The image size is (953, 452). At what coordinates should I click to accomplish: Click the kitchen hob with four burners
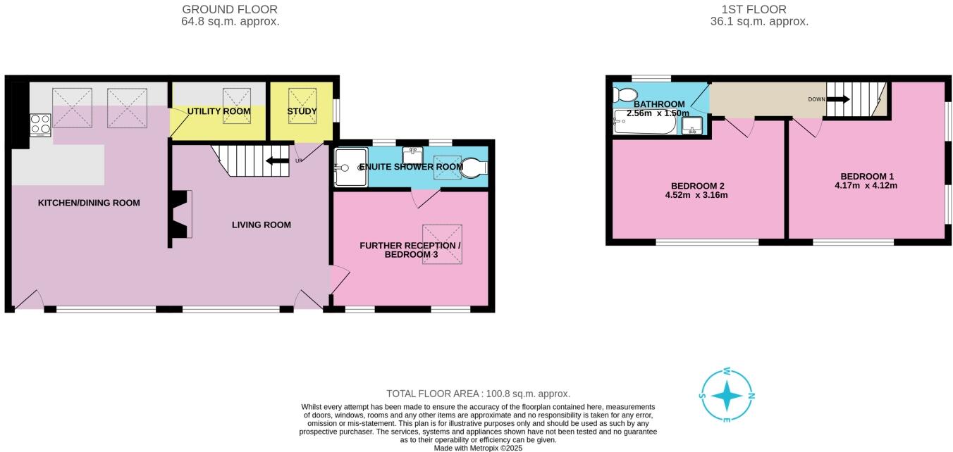[40, 124]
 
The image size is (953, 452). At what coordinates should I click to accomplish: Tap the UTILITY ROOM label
[219, 111]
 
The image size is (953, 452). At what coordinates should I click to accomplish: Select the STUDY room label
[302, 111]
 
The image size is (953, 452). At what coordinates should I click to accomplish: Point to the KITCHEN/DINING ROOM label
[89, 203]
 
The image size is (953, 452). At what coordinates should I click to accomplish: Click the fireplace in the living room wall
[179, 214]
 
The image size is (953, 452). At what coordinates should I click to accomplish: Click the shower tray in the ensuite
[350, 167]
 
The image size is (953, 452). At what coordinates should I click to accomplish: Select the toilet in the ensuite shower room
[474, 168]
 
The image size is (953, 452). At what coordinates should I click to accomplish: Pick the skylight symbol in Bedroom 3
[442, 244]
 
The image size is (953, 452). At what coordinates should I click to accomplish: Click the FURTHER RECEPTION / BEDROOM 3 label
[410, 250]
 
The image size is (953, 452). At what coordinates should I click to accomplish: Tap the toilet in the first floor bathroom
[623, 95]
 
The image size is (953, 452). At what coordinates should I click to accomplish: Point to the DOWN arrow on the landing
[837, 99]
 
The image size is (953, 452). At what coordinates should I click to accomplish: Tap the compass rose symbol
[727, 396]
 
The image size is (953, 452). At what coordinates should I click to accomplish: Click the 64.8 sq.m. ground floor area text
[230, 21]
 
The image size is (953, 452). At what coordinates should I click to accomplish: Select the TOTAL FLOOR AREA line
[478, 394]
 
